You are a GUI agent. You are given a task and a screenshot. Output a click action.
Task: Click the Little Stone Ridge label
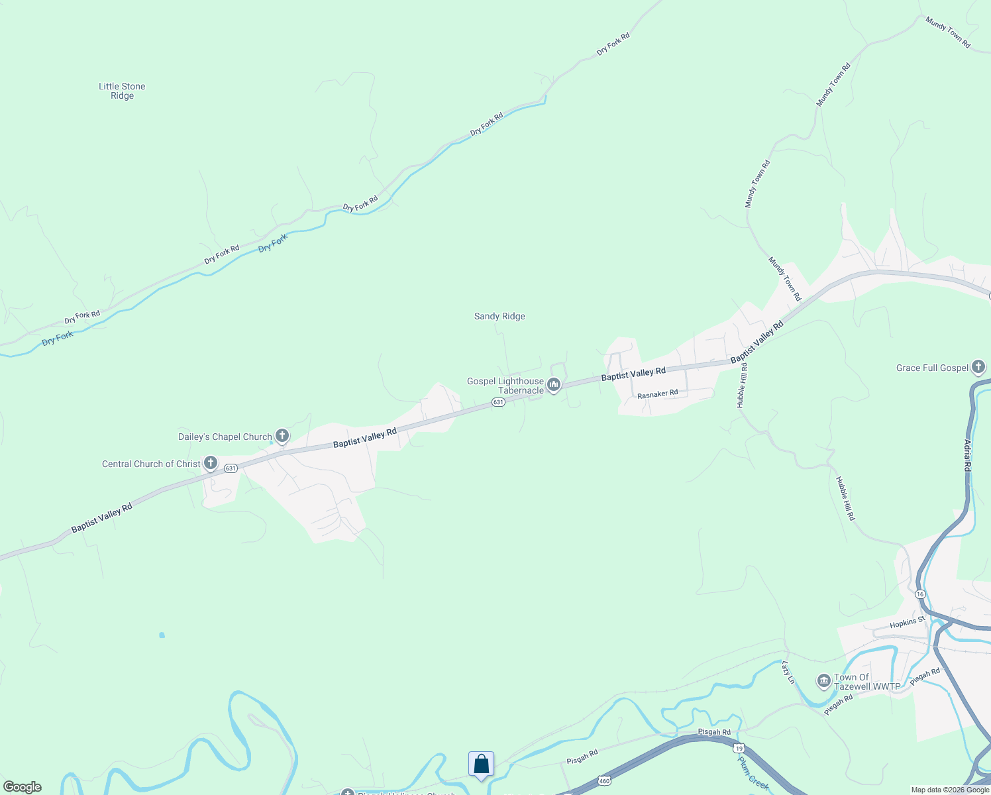click(x=122, y=91)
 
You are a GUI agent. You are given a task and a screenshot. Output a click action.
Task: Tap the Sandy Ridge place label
click(x=499, y=317)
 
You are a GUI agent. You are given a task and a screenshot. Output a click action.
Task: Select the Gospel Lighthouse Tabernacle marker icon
click(x=553, y=385)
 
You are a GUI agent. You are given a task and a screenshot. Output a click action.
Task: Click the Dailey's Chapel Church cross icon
click(x=282, y=436)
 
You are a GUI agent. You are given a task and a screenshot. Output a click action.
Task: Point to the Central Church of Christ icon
click(x=211, y=463)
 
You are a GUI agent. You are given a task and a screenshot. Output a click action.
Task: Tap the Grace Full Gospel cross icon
click(x=978, y=367)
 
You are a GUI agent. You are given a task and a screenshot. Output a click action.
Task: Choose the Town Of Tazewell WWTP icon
click(x=823, y=681)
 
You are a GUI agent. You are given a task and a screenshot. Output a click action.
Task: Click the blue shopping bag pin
click(x=481, y=765)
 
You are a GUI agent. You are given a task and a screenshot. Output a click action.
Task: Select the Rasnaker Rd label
click(x=658, y=394)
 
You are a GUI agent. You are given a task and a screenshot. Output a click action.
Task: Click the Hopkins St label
click(x=907, y=623)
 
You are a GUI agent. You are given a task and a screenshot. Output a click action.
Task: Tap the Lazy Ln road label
click(x=788, y=672)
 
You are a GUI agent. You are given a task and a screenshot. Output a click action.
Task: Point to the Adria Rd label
click(x=968, y=455)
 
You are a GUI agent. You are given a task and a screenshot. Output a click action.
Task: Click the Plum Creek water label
click(x=754, y=772)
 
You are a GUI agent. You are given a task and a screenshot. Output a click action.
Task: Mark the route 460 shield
click(x=603, y=781)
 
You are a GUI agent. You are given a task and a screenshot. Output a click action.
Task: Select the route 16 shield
click(x=920, y=594)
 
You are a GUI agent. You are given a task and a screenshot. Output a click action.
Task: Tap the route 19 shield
click(x=739, y=748)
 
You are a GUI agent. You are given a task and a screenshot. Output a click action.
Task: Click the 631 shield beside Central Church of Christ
click(x=230, y=468)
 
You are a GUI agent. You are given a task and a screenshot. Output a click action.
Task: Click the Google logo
click(x=22, y=787)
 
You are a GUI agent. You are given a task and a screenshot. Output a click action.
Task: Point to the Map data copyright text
click(x=950, y=790)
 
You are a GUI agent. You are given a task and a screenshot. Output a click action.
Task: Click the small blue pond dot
click(x=162, y=635)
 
